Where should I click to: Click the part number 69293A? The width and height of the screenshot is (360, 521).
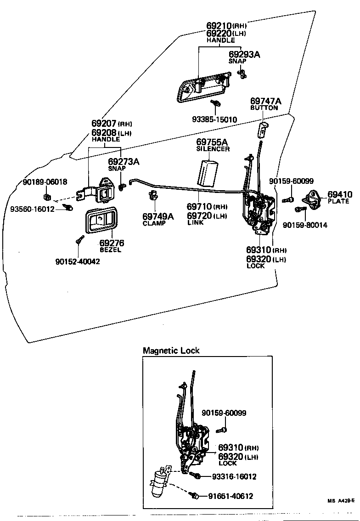[x=244, y=54]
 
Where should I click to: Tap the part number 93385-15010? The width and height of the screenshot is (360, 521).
[x=214, y=120]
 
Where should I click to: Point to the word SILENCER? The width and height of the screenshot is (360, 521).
[x=213, y=149]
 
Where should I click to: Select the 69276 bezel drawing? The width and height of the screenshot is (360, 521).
[x=99, y=221]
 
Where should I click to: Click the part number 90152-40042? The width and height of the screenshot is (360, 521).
[x=78, y=261]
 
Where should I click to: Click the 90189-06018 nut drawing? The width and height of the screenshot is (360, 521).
[x=47, y=198]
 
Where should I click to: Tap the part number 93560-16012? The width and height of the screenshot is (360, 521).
[x=32, y=209]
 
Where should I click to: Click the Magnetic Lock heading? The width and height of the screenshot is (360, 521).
[x=171, y=351]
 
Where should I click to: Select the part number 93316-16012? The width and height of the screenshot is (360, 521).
[x=234, y=477]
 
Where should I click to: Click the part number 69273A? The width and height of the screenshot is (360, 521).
[x=124, y=161]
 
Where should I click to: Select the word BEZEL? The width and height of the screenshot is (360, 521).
[x=110, y=250]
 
